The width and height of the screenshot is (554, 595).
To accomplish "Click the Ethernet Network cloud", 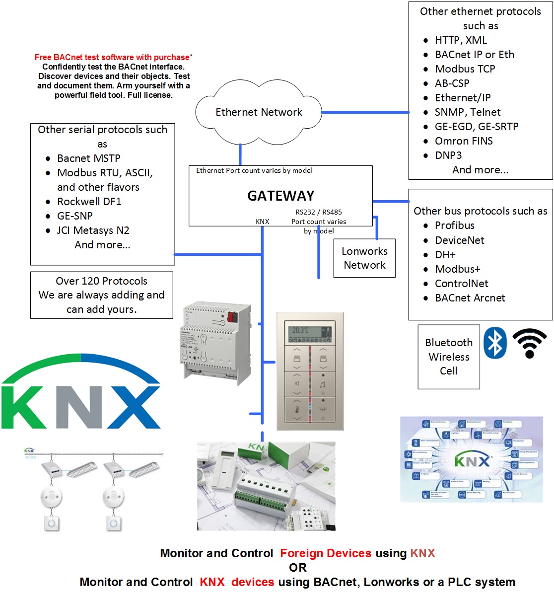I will coord(259,112).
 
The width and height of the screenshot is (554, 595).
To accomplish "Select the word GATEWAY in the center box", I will coord(280,196).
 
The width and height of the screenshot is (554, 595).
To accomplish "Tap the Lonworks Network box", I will coord(364,258).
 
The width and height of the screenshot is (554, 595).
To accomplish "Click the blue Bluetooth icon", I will coord(494,343).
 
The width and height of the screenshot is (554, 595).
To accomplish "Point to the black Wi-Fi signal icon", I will coord(529,343).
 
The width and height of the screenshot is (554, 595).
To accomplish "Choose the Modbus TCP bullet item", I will coord(465,69).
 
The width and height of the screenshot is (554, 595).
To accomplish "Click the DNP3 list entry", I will coord(448,155).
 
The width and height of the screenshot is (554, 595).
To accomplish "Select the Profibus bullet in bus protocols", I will coord(454,225).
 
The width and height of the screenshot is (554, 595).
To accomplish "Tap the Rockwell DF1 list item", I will coord(89,202).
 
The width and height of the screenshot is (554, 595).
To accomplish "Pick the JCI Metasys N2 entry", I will coord(93,230).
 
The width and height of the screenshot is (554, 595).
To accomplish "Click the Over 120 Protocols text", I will coord(101,281).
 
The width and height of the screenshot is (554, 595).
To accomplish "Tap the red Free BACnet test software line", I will coord(112,58).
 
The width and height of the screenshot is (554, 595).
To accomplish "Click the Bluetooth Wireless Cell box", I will coord(449,357).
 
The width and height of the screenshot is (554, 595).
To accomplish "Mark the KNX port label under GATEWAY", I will coord(262,222).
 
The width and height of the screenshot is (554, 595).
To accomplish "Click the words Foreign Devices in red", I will coord(326,553).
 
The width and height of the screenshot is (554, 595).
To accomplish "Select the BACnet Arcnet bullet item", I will coord(470,298).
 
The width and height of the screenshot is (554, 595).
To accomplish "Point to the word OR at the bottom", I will coord(298,568).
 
